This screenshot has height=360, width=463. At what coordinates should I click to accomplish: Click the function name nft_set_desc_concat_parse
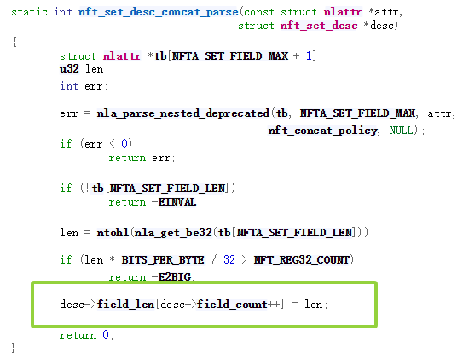(158, 12)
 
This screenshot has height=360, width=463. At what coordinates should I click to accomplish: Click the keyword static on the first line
(29, 12)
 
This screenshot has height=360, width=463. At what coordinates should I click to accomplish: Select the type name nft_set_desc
(319, 26)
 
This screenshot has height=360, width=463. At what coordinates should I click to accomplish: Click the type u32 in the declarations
(69, 69)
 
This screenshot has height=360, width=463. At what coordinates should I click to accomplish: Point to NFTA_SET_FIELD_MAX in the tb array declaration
(230, 55)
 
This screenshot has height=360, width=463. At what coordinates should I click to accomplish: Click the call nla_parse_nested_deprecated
(183, 113)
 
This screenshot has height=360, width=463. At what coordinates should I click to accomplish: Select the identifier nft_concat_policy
(322, 131)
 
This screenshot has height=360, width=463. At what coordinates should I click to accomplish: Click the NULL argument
(401, 130)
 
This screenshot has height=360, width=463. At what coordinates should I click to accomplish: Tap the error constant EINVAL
(177, 202)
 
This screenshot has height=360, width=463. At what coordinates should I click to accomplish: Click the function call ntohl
(113, 232)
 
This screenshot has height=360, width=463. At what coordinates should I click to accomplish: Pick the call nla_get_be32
(173, 233)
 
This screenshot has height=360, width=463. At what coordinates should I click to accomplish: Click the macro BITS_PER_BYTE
(163, 260)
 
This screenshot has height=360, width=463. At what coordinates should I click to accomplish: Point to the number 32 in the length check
(229, 259)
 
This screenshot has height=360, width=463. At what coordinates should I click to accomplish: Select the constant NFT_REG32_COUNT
(302, 260)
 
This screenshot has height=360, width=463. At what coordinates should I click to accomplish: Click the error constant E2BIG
(175, 276)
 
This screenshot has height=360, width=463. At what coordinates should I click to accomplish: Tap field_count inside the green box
(232, 305)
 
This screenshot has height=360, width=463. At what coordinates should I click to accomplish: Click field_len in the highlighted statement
(126, 305)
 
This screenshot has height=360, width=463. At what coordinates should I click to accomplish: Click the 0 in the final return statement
(106, 335)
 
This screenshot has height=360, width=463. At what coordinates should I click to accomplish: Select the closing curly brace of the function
(14, 347)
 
